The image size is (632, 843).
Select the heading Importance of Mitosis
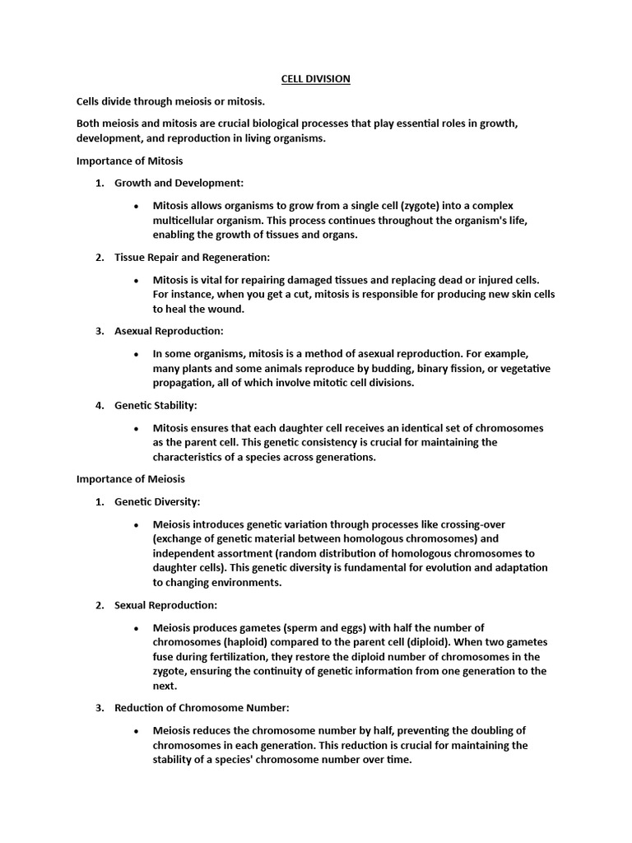point(130,161)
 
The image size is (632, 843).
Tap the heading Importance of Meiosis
point(131,478)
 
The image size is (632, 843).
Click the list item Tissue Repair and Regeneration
point(192,258)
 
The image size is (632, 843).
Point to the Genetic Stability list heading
point(156,406)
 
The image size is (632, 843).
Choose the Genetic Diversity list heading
point(157,501)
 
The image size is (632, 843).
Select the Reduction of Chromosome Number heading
point(202,708)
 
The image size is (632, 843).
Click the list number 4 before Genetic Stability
point(99,406)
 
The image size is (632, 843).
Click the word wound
point(228,310)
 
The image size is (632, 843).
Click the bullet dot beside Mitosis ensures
point(135,429)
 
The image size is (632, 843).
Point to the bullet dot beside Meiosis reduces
point(135,731)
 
